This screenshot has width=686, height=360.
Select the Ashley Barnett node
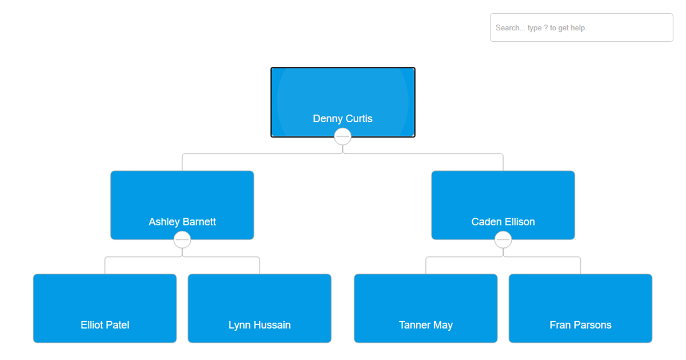[182, 200]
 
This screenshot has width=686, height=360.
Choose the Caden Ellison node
[502, 200]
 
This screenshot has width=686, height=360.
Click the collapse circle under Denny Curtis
[342, 137]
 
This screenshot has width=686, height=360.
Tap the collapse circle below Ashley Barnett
[182, 240]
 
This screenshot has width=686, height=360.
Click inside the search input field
[581, 27]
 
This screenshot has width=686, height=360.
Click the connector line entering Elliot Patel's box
[105, 266]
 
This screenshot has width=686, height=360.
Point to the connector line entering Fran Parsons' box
[580, 266]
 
